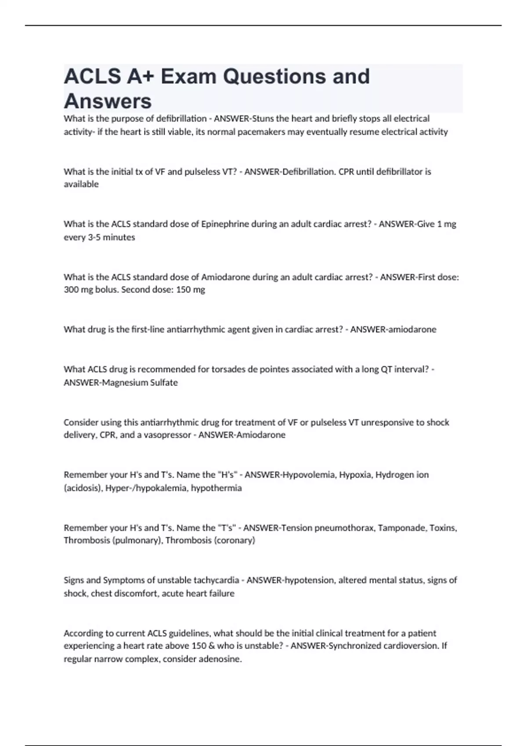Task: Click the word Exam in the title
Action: [x=188, y=76]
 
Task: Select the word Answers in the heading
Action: [x=108, y=101]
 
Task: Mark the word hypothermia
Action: [x=216, y=488]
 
